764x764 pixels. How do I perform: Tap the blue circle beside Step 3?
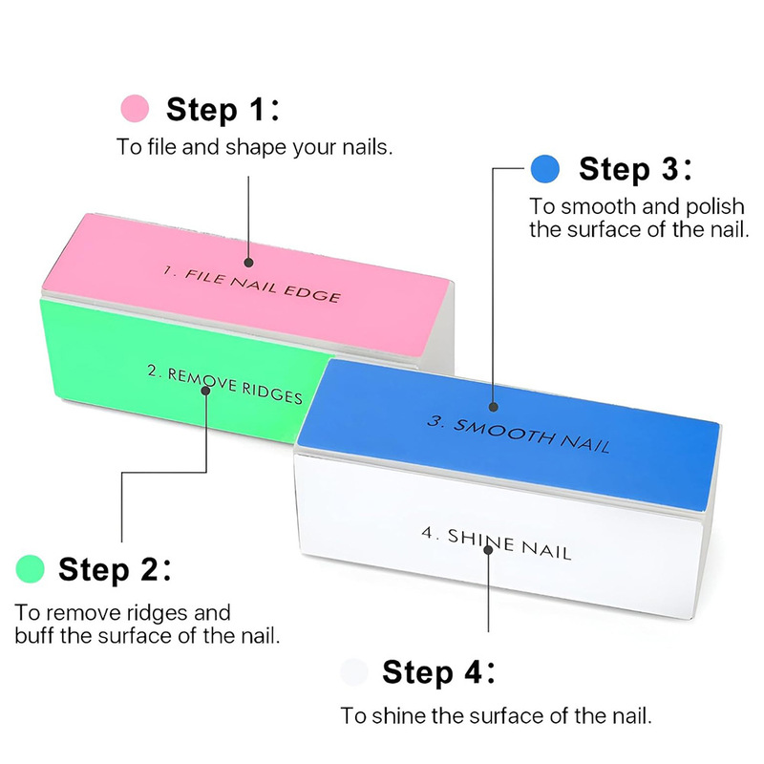pos(544,169)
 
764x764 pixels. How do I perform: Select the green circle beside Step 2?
pos(31,569)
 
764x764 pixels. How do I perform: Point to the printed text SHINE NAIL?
pos(496,543)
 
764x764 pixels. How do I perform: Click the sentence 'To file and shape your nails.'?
pos(255,147)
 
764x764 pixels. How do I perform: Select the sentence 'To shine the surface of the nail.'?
pos(496,714)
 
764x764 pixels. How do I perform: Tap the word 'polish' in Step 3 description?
pos(716,206)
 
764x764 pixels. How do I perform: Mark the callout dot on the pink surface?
pos(248,260)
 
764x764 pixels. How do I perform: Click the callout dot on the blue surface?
pos(493,408)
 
